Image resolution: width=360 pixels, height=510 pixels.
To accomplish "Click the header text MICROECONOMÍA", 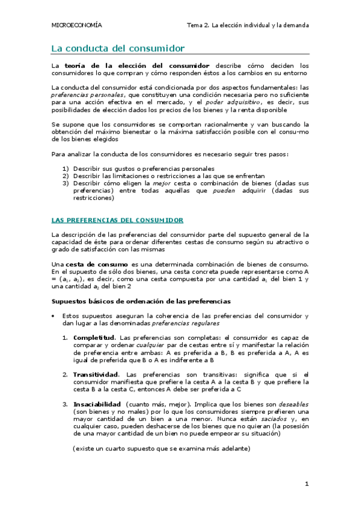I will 76,25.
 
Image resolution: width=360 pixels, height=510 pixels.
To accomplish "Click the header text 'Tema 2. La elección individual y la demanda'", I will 248,25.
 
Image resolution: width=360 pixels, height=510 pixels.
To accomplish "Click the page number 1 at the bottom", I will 307,483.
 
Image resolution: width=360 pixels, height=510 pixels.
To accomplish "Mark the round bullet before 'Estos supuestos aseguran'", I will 54,316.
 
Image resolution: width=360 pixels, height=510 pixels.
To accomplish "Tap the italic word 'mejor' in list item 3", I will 162,183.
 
